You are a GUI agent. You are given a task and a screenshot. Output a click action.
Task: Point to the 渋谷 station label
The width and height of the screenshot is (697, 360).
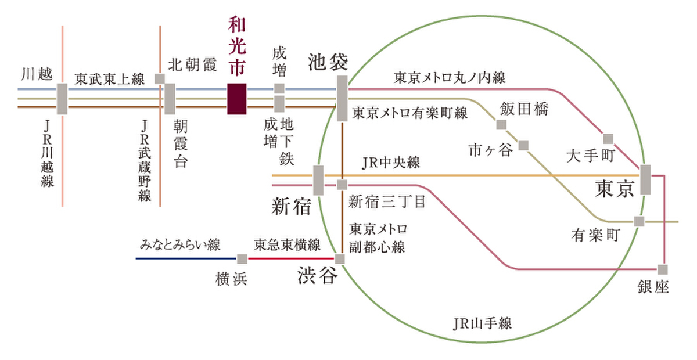click(317, 275)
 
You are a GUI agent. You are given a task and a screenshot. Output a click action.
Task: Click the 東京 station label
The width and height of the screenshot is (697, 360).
click(615, 189)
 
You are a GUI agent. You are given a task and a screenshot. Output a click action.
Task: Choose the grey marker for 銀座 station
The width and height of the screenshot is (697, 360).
click(663, 269)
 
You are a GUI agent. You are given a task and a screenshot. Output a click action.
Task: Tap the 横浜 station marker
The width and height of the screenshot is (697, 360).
click(242, 258)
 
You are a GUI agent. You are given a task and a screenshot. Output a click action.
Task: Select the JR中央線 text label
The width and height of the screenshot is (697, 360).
click(391, 163)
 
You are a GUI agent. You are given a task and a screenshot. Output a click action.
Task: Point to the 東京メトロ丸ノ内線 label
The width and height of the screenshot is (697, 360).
click(450, 78)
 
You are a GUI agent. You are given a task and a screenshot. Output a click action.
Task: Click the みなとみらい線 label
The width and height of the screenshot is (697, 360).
click(180, 245)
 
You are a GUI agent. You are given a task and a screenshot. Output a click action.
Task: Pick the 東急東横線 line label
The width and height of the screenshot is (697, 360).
click(287, 245)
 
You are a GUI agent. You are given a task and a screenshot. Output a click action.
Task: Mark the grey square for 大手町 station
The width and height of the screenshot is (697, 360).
click(608, 139)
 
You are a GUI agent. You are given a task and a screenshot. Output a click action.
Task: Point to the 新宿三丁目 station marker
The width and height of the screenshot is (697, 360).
click(342, 185)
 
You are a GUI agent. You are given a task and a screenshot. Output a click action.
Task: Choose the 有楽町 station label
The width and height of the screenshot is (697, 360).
click(595, 235)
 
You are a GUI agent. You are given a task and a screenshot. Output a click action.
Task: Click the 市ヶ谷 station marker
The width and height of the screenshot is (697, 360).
click(524, 145)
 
